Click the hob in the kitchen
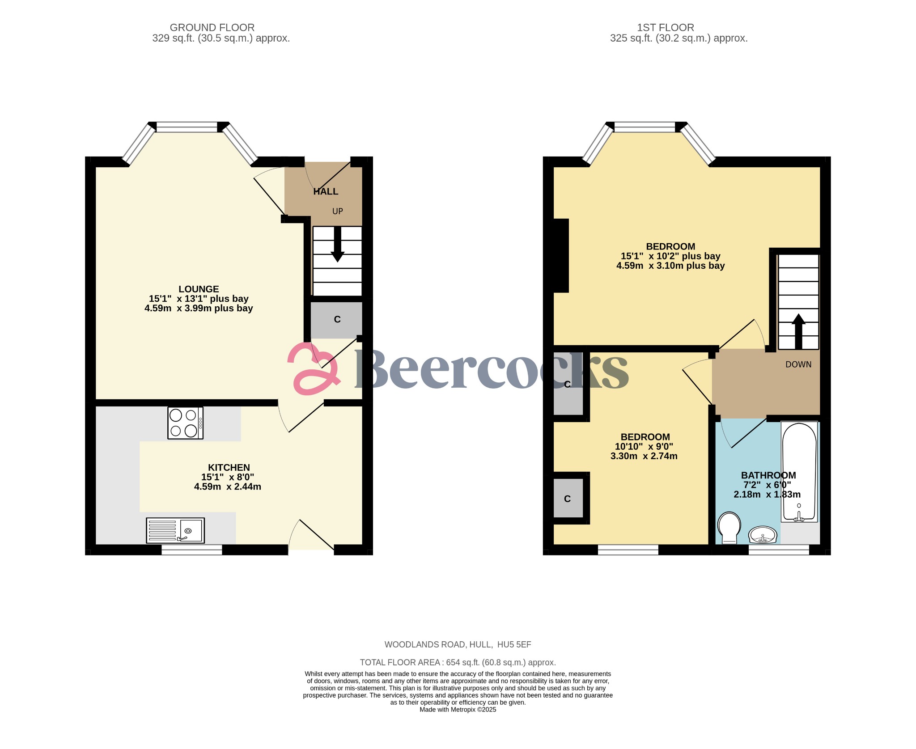pyautogui.click(x=185, y=423)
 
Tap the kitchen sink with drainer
pyautogui.click(x=175, y=530)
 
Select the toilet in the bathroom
pyautogui.click(x=729, y=527)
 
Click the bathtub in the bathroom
pyautogui.click(x=799, y=471)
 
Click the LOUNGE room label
pyautogui.click(x=199, y=289)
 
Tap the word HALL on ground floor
pyautogui.click(x=326, y=191)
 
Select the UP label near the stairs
pyautogui.click(x=337, y=211)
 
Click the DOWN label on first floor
pyautogui.click(x=798, y=364)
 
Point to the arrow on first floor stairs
pyautogui.click(x=798, y=331)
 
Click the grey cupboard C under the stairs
pyautogui.click(x=337, y=319)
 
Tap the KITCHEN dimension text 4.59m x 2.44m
pyautogui.click(x=227, y=487)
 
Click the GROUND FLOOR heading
pyautogui.click(x=212, y=28)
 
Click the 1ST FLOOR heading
pyautogui.click(x=665, y=28)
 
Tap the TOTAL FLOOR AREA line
pyautogui.click(x=458, y=662)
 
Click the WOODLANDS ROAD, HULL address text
pyautogui.click(x=458, y=644)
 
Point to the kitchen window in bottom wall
pyautogui.click(x=191, y=550)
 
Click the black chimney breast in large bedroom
pyautogui.click(x=561, y=255)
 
